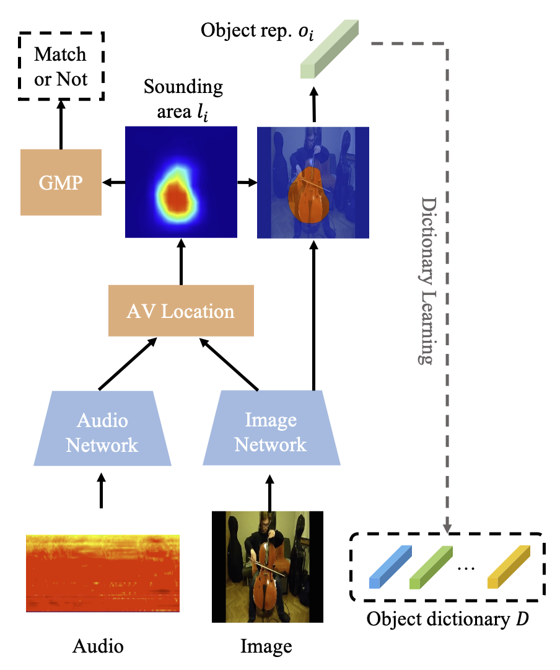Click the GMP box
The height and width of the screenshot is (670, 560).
coord(61,182)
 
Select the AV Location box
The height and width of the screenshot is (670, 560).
coord(181,311)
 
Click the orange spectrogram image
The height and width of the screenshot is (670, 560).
coord(103,573)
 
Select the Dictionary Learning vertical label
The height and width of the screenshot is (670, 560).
coord(427,280)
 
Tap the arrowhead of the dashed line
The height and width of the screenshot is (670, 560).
coord(447,528)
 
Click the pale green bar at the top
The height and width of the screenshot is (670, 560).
coord(330,49)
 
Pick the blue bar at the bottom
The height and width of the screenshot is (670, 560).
coord(390,566)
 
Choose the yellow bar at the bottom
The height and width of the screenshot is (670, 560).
coord(509,566)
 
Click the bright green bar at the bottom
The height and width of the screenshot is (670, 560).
coord(431,566)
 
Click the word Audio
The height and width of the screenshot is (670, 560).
coord(102,420)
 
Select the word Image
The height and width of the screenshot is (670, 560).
coord(271,420)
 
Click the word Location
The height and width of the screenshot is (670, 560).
coord(198,311)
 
